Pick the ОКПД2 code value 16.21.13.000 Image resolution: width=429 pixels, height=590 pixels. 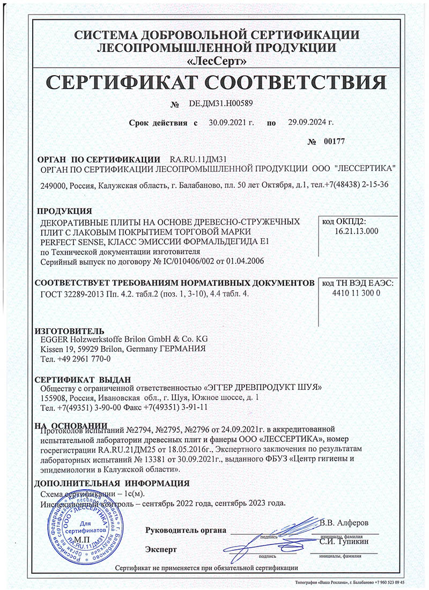pyautogui.click(x=356, y=231)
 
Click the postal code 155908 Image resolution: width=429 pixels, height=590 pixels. pyautogui.click(x=54, y=399)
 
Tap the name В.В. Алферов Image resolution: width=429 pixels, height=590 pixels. pyautogui.click(x=344, y=522)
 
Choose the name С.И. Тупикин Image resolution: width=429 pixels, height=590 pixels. pyautogui.click(x=344, y=543)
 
